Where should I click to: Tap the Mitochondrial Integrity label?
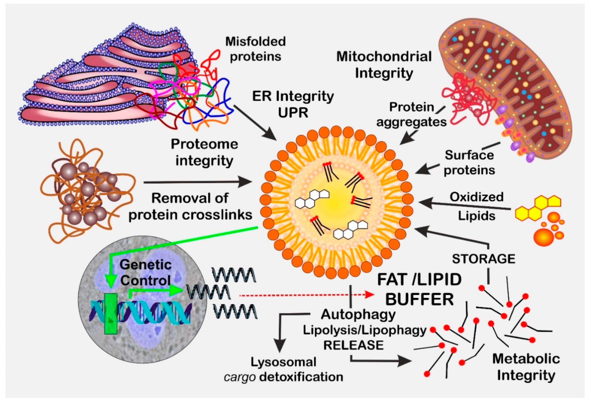pos(384,65)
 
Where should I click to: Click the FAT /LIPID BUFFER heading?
pos(419,289)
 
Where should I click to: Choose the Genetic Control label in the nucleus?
pos(146,273)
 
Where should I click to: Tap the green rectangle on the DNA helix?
pos(111,314)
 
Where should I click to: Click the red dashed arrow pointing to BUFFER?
pos(305,295)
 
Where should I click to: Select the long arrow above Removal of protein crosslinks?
pos(197,182)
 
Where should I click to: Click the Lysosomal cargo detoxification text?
pos(284,370)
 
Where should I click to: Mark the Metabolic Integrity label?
pos(526,367)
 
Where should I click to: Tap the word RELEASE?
pos(354,346)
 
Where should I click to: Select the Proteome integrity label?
pos(204,152)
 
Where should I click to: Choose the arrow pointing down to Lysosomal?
pos(280,335)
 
